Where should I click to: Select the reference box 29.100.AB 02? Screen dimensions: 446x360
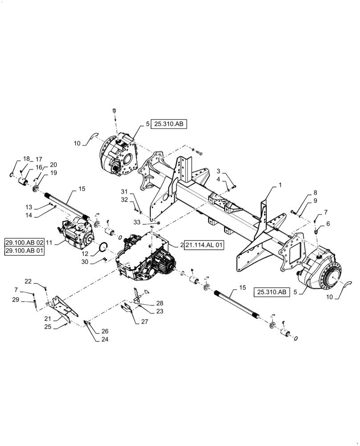click(x=25, y=242)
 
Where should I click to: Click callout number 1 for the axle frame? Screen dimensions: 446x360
click(x=280, y=185)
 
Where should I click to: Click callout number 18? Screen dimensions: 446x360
click(x=26, y=159)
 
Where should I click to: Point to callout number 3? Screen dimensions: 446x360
click(x=219, y=171)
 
